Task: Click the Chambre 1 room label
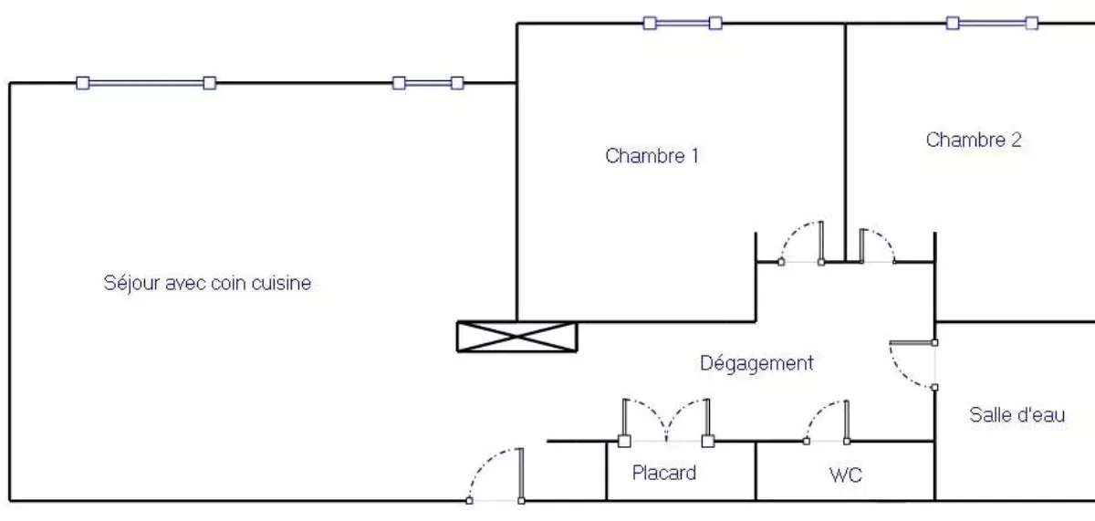click(652, 156)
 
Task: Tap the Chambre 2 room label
click(974, 140)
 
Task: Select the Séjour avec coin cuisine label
click(207, 283)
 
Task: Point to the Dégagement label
click(756, 363)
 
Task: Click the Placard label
click(664, 473)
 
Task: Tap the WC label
click(846, 474)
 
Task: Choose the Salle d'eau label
click(1017, 415)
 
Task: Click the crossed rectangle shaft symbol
click(517, 337)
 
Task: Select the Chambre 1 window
click(683, 23)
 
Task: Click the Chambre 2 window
click(993, 23)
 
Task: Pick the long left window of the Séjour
click(146, 83)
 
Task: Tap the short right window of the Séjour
click(428, 83)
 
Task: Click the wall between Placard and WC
click(756, 471)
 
